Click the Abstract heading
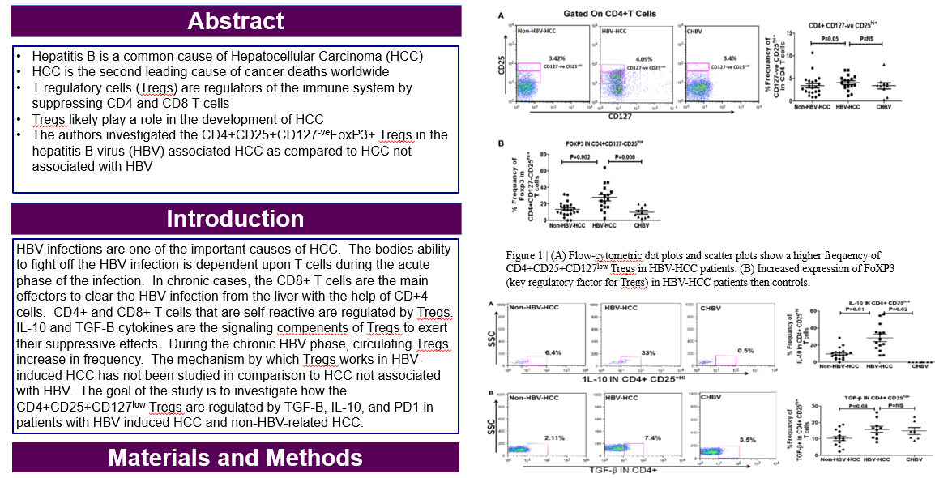[236, 21]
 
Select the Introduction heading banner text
[235, 219]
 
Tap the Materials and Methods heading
[235, 458]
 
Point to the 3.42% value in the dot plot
[556, 59]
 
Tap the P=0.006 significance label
[626, 155]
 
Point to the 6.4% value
[553, 353]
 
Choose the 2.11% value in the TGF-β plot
[553, 438]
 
